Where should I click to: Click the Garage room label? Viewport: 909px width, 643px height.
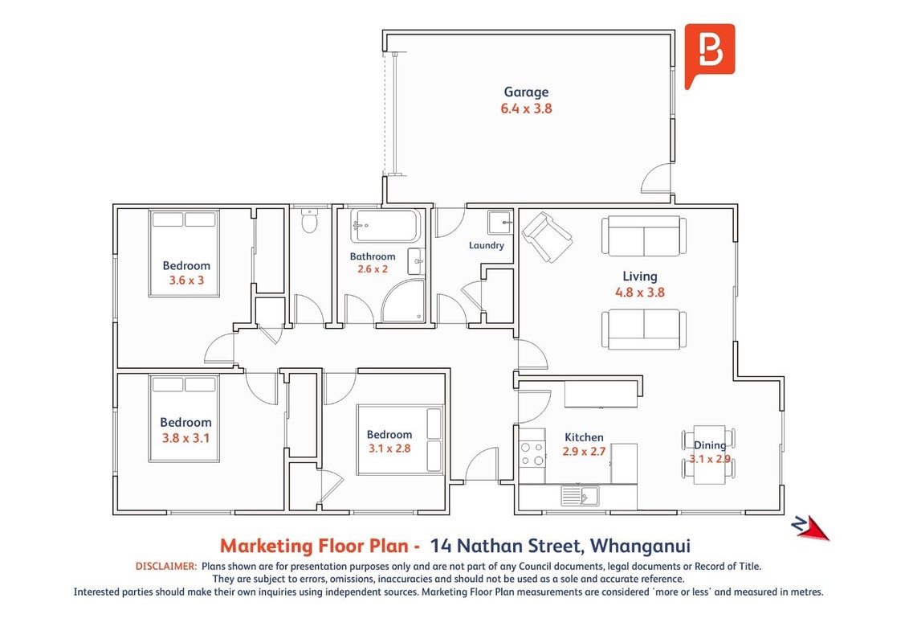526,92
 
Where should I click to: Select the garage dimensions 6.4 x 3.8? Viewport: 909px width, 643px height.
526,109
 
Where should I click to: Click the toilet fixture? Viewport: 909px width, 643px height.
310,220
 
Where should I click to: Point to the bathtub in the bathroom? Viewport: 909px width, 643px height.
385,227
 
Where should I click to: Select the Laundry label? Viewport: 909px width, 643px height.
487,245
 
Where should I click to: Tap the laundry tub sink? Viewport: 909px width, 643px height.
499,222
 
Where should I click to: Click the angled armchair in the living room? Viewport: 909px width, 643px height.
547,237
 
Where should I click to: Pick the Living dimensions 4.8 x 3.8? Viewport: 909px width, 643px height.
640,293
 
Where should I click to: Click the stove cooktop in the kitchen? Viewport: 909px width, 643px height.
532,454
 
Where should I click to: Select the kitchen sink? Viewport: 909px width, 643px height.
580,496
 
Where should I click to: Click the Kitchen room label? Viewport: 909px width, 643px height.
584,437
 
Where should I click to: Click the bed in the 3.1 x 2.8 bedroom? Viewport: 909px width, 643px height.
401,440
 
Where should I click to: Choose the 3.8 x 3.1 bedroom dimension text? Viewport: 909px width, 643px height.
185,438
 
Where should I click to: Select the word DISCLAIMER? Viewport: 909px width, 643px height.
165,567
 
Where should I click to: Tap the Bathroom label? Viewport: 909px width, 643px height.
372,256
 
